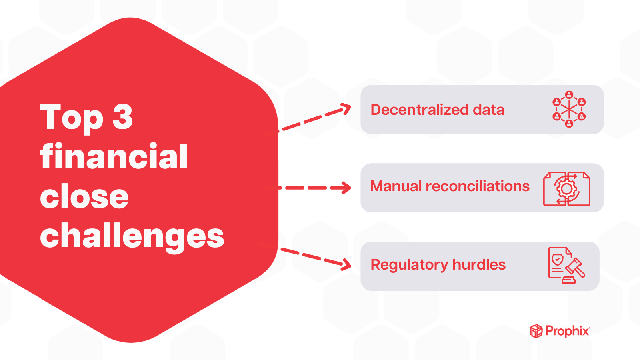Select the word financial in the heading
point(114,156)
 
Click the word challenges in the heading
point(132,236)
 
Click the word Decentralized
point(420,110)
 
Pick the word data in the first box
point(488,110)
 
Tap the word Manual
point(396,186)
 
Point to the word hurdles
point(479,265)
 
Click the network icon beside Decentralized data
point(569,109)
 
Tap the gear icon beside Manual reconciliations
point(566,188)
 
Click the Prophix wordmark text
point(567,331)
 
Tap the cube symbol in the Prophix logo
point(536,331)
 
